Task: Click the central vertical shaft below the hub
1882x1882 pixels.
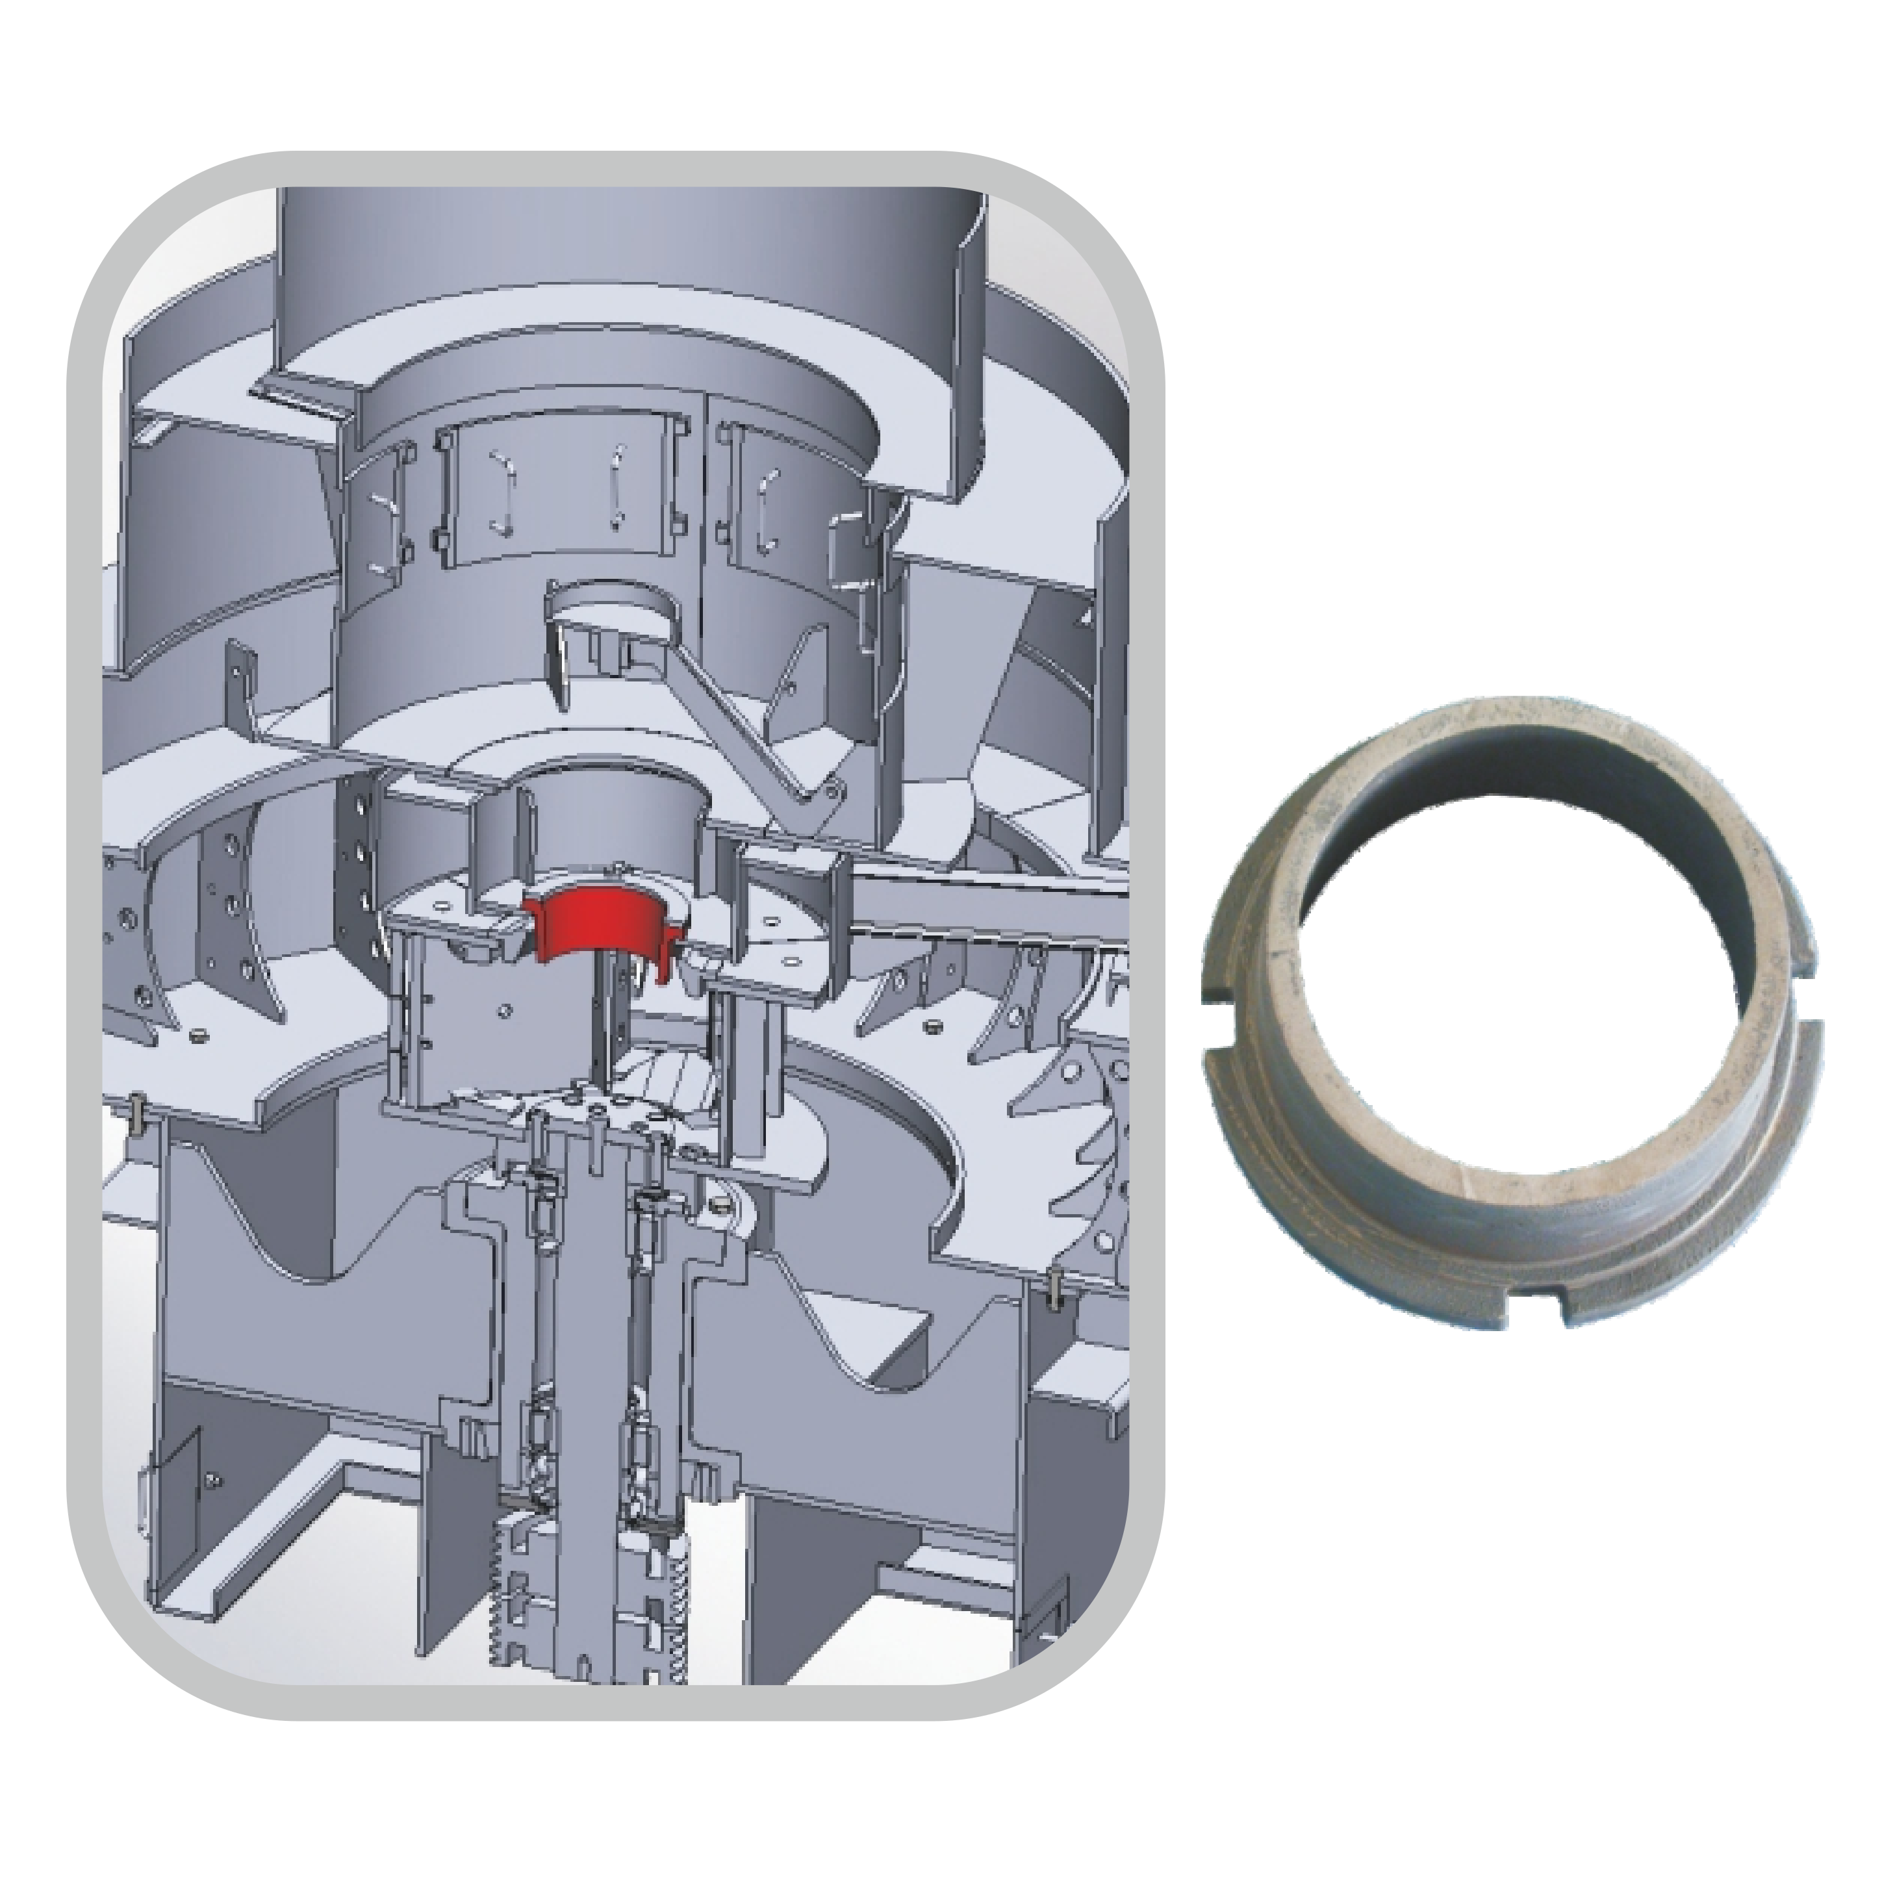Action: coord(589,1364)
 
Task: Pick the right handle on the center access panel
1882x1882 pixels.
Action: coord(615,487)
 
